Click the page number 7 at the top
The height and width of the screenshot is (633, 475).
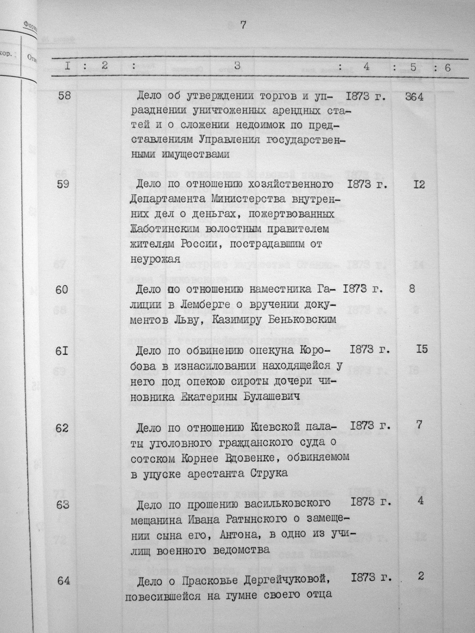pos(243,26)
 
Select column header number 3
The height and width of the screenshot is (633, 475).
pos(237,66)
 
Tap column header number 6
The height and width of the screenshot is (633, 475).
pos(448,67)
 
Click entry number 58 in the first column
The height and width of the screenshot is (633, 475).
pos(64,97)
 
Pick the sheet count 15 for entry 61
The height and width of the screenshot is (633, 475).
pos(422,349)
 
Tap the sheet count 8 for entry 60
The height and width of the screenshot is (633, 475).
pos(412,289)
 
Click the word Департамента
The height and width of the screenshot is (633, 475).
pos(163,199)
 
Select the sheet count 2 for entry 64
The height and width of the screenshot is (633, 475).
pos(421,576)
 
